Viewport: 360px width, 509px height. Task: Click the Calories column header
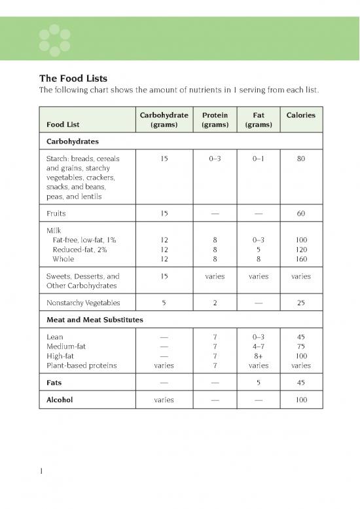tap(300, 115)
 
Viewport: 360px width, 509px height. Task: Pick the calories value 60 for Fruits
tap(300, 213)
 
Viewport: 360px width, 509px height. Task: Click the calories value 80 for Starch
tap(300, 158)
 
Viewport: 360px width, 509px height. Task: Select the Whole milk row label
tap(63, 259)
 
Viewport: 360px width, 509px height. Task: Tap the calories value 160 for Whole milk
tap(300, 259)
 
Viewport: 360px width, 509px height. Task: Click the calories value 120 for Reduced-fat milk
tap(300, 250)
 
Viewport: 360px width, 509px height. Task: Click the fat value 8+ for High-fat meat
tap(257, 356)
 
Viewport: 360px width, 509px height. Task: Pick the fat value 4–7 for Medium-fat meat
tap(257, 347)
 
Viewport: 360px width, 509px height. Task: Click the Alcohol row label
tap(60, 399)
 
